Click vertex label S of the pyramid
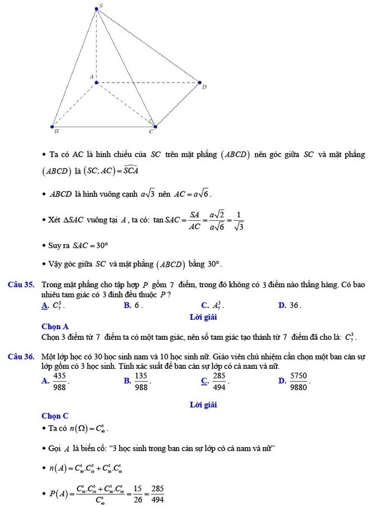[100, 5]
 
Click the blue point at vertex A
[96, 82]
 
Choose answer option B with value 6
[134, 306]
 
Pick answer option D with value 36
[290, 306]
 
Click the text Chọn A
[55, 326]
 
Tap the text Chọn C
[55, 416]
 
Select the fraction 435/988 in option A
[59, 381]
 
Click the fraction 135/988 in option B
[141, 381]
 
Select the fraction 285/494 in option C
[219, 381]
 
